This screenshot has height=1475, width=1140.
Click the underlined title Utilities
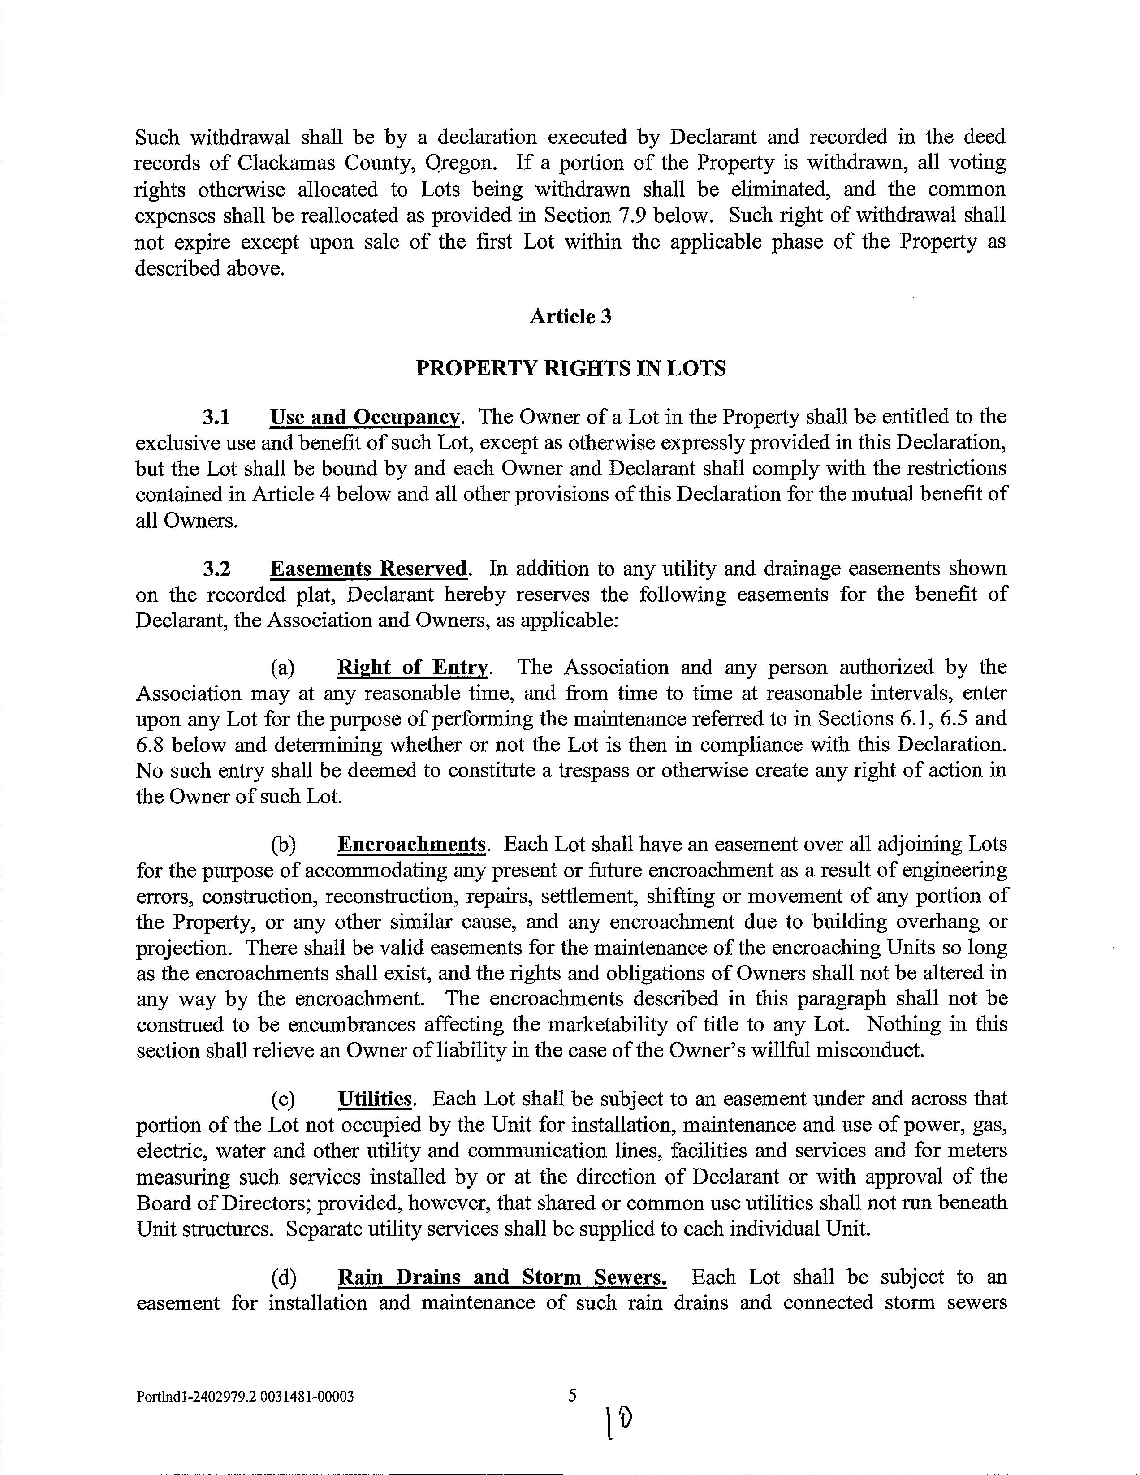pyautogui.click(x=375, y=1099)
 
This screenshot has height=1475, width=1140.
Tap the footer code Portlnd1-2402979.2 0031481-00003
pyautogui.click(x=245, y=1396)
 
